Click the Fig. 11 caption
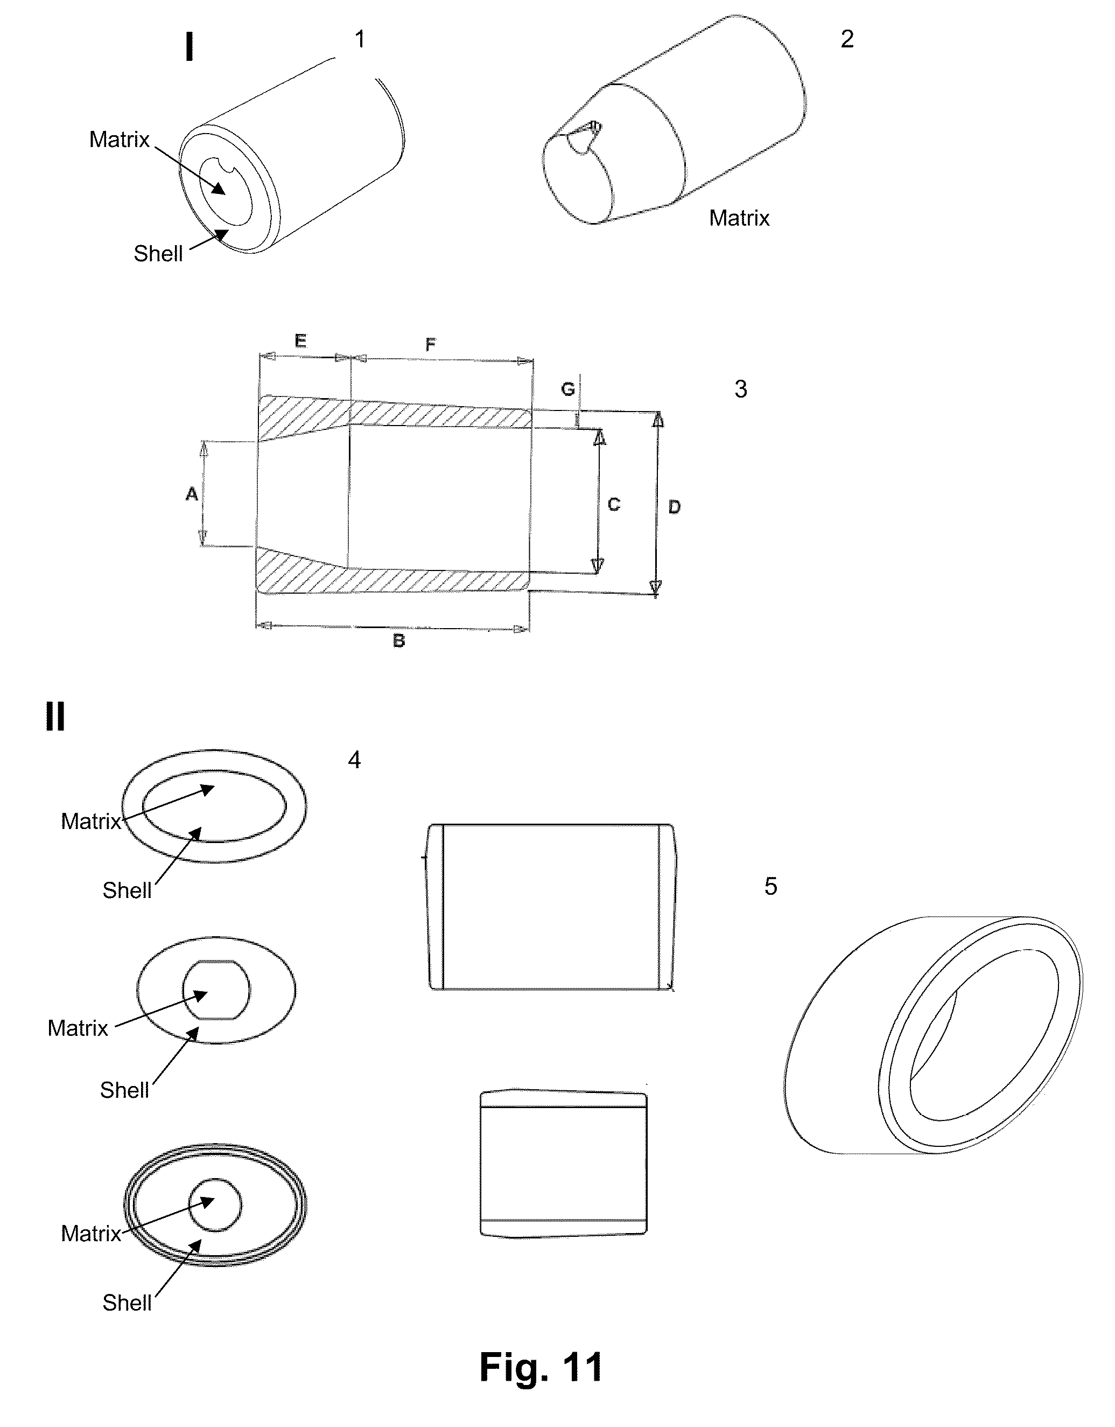click(541, 1367)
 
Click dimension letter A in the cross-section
click(191, 494)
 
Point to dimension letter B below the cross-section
click(398, 641)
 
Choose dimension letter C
click(613, 504)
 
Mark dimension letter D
click(674, 506)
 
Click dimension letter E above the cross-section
click(300, 340)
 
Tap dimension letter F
click(431, 344)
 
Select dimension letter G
click(567, 389)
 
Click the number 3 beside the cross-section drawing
click(741, 389)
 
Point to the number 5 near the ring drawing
click(771, 887)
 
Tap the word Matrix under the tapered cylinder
click(739, 218)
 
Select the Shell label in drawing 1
click(158, 254)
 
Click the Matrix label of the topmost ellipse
click(91, 822)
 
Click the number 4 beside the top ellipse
click(354, 760)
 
